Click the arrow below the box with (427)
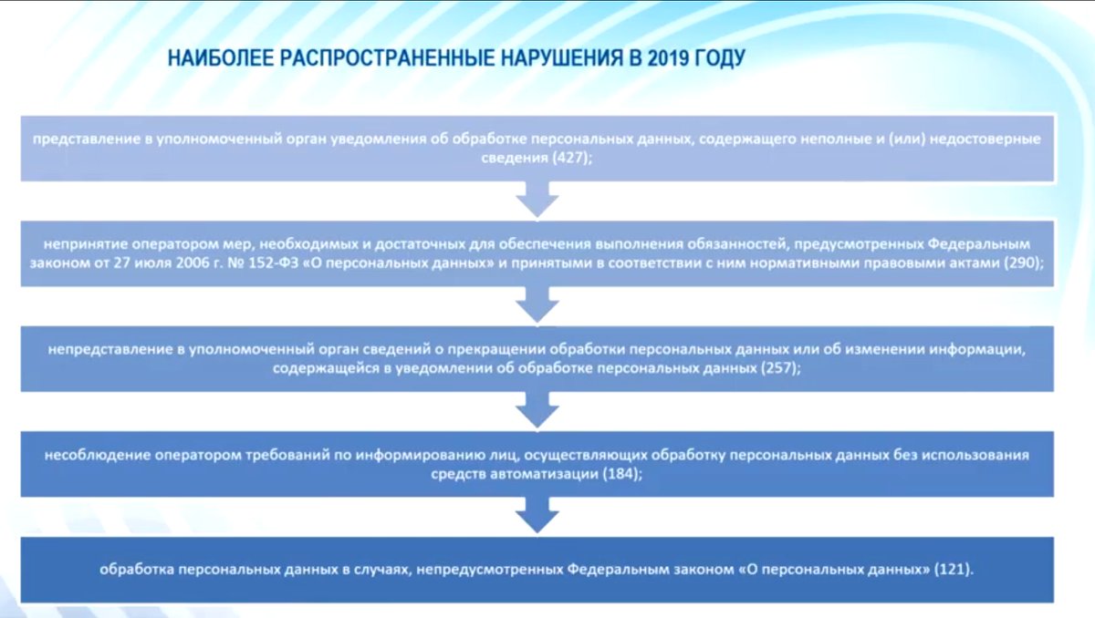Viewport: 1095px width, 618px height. [x=538, y=200]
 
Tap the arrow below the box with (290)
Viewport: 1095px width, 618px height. [x=538, y=304]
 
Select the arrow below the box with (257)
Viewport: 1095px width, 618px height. [x=538, y=410]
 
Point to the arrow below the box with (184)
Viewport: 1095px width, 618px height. [x=538, y=516]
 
